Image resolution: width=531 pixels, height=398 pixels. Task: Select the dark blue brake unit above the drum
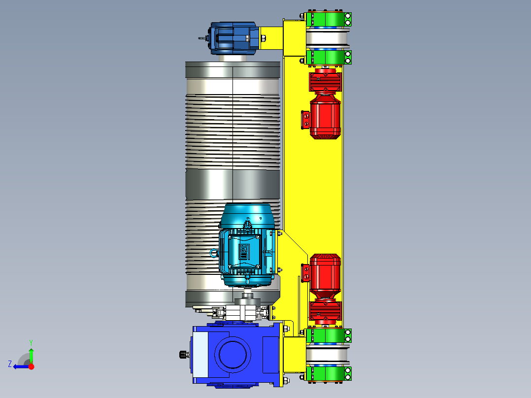click(x=232, y=38)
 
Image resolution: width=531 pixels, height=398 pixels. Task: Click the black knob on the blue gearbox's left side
click(x=184, y=354)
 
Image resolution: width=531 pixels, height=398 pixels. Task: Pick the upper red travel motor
click(x=325, y=116)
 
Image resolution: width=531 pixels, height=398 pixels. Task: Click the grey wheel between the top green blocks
click(x=327, y=38)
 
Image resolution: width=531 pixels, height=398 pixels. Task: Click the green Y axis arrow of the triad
click(x=31, y=353)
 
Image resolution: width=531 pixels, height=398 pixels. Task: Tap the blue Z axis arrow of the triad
click(x=19, y=366)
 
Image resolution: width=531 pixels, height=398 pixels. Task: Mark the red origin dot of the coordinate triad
click(x=31, y=366)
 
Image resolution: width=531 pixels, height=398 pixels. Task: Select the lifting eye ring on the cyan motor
click(x=214, y=253)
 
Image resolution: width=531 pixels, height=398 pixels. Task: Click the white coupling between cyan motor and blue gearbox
click(x=245, y=312)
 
